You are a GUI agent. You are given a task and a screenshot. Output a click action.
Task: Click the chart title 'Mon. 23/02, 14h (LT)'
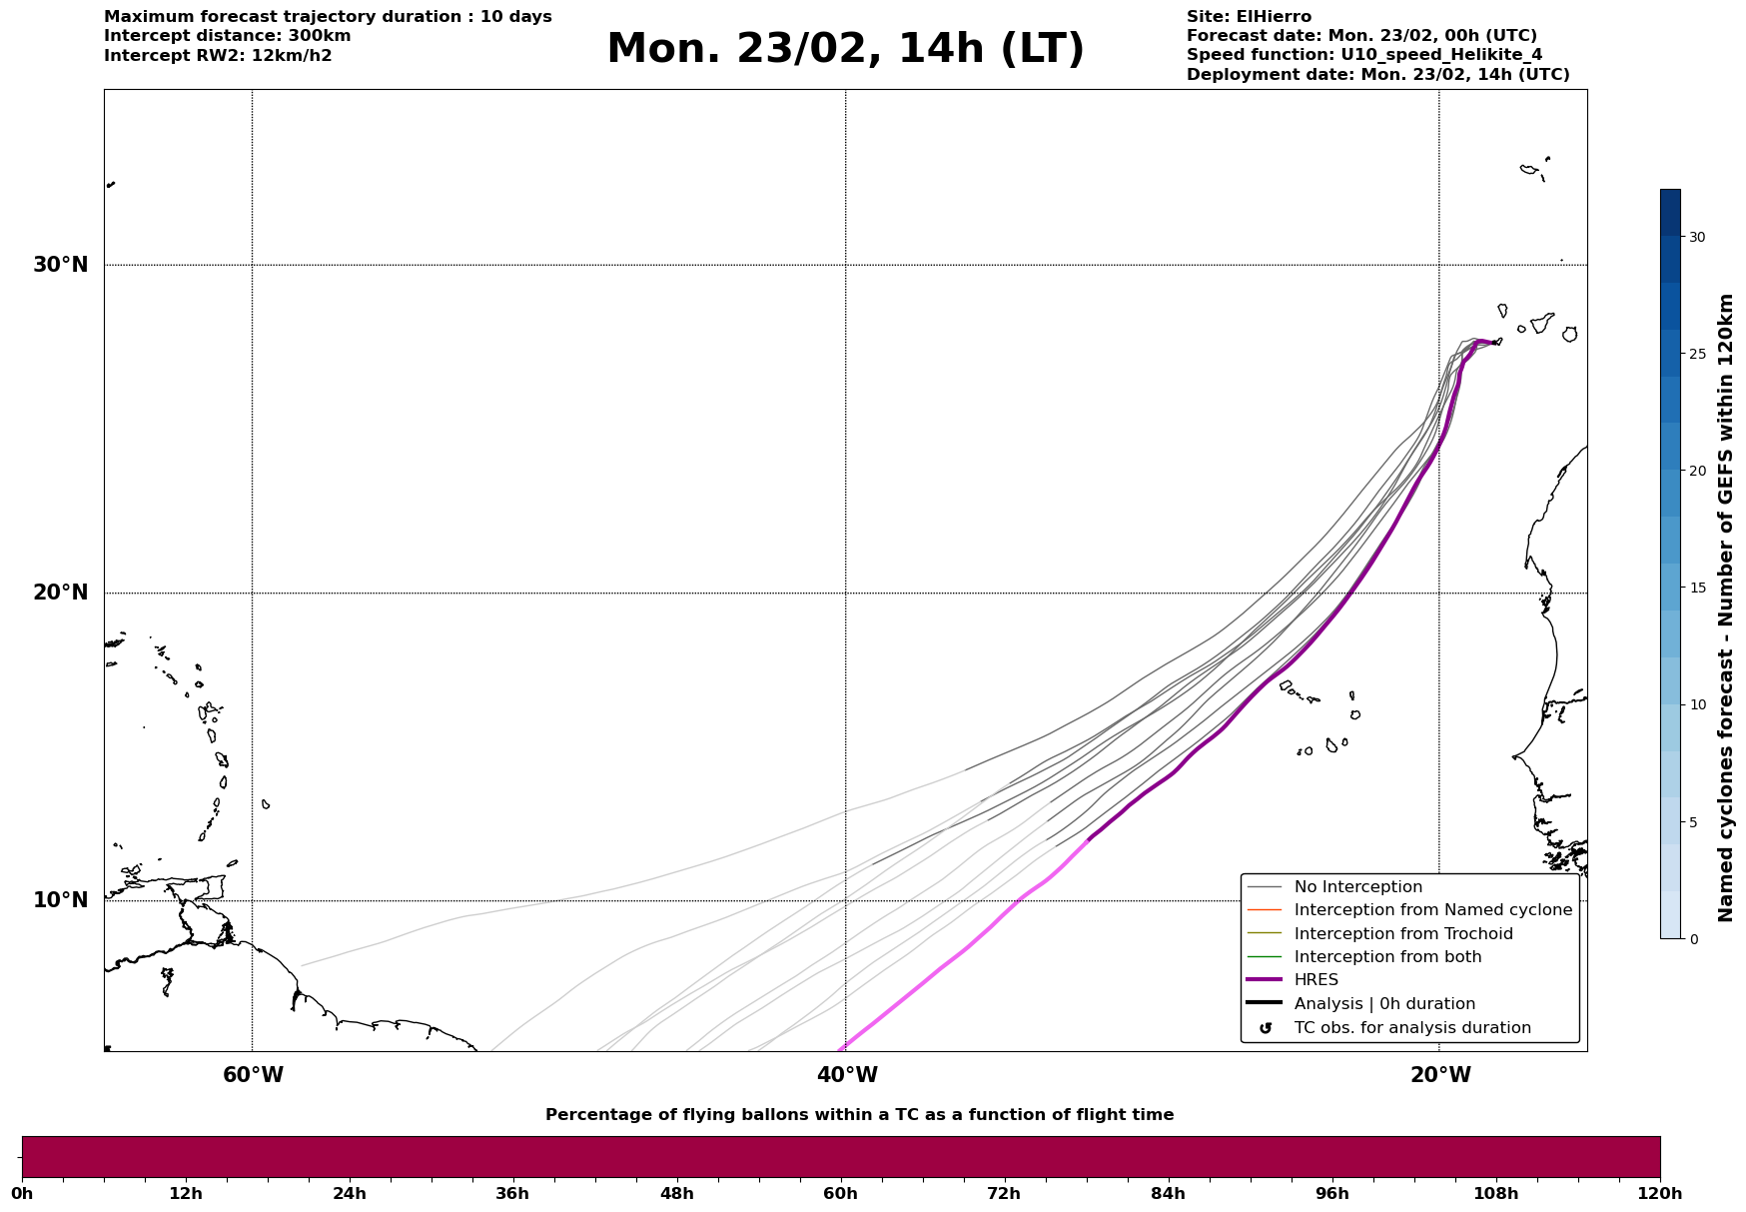[x=845, y=50]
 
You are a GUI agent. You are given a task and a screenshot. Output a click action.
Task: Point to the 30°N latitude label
[x=60, y=265]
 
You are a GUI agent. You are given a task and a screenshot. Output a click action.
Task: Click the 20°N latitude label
[x=60, y=593]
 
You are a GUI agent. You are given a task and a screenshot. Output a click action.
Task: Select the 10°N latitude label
[x=60, y=900]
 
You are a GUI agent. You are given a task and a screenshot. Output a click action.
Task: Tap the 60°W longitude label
[x=253, y=1075]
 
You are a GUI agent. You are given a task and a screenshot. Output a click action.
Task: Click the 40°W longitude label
[x=846, y=1075]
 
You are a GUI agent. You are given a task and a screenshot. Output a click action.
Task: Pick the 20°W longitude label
[x=1439, y=1075]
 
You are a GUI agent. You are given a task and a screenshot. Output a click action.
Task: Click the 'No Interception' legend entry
[x=1357, y=887]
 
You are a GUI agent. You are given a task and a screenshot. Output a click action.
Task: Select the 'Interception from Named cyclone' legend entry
[x=1432, y=910]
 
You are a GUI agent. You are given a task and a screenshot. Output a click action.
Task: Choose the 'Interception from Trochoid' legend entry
[x=1402, y=934]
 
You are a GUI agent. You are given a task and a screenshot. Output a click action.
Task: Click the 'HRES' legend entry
[x=1315, y=980]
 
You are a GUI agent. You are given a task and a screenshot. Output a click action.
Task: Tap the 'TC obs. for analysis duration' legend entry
[x=1411, y=1028]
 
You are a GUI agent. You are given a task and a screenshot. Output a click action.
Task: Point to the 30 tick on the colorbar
[x=1697, y=237]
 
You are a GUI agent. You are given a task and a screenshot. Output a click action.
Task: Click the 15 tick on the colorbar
[x=1697, y=588]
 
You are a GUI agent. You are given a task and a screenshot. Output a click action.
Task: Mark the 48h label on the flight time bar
[x=676, y=1194]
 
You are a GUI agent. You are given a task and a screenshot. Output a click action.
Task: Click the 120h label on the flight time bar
[x=1660, y=1194]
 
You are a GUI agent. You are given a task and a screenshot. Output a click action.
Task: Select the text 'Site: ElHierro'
[x=1249, y=17]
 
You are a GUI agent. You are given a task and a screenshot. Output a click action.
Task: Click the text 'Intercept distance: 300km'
[x=227, y=36]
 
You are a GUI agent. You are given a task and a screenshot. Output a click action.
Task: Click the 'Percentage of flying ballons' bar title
[x=859, y=1115]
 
